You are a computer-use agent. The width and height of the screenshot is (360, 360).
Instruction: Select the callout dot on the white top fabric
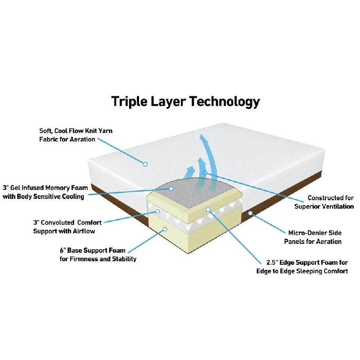145,164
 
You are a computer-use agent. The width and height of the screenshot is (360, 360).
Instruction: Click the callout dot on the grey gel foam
171,189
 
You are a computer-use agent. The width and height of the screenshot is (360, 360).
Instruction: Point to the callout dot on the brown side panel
250,213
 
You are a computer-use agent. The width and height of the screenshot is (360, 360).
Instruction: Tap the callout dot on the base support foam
165,229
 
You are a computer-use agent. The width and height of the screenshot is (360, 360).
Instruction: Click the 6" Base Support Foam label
98,255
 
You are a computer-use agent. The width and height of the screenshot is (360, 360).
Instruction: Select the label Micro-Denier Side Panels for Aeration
313,237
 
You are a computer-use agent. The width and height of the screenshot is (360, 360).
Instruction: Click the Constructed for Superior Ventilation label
324,202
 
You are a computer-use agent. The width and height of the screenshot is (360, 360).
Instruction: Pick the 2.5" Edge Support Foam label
302,267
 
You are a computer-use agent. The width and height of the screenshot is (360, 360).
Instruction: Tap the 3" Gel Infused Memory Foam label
45,192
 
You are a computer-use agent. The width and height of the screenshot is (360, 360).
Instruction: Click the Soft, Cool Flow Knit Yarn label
76,135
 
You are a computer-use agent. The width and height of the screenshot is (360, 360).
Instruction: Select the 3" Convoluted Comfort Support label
67,227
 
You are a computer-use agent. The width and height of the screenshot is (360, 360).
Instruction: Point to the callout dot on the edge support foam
208,210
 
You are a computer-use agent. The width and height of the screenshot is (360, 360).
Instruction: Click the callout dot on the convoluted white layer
158,211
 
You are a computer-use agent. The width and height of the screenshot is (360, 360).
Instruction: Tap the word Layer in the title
168,102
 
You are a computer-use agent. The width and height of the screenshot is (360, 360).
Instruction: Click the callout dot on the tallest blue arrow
205,172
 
